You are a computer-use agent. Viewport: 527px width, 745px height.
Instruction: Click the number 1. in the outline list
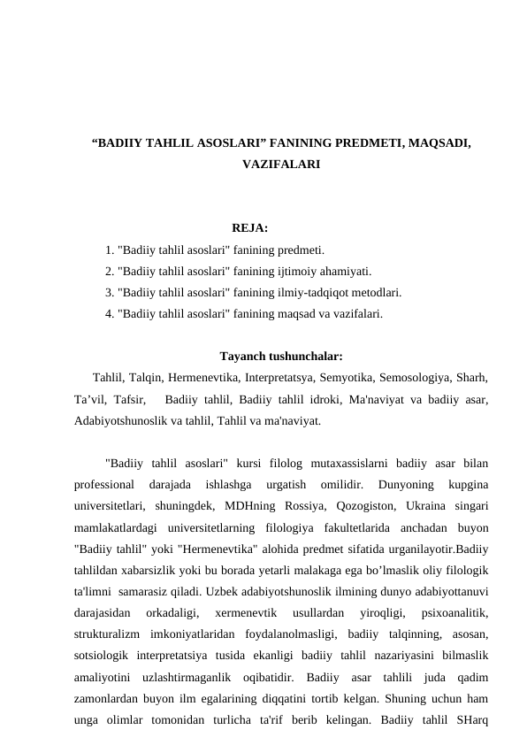109,251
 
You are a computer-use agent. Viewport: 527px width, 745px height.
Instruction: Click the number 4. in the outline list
109,312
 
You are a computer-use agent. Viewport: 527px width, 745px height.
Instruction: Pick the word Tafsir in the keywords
131,399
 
